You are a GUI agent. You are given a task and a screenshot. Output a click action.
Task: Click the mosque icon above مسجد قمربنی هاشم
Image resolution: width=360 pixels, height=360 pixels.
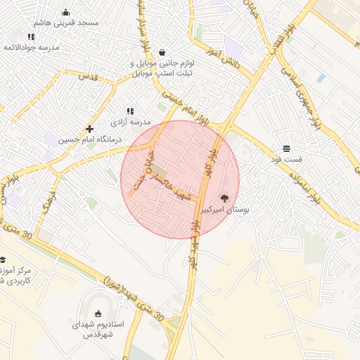[x=66, y=12]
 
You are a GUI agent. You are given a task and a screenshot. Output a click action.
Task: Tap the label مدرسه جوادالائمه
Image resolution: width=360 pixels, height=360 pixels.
[x=32, y=47]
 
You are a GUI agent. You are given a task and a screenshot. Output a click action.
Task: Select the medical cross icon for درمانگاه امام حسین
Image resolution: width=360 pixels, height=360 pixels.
[x=89, y=129]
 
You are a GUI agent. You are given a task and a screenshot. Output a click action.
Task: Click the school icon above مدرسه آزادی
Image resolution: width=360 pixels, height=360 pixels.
[x=130, y=111]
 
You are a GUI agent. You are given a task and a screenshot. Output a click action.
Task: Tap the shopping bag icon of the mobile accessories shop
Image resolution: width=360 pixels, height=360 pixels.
[x=162, y=52]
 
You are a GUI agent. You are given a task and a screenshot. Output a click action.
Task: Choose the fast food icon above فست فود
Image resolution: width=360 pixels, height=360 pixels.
[x=286, y=148]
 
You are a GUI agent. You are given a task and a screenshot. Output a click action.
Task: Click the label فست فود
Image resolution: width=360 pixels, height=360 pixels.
[x=286, y=160]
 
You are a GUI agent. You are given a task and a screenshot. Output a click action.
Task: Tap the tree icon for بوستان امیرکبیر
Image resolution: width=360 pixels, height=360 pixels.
[x=225, y=198]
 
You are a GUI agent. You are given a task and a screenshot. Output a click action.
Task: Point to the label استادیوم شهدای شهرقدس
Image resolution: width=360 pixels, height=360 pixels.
[x=98, y=329]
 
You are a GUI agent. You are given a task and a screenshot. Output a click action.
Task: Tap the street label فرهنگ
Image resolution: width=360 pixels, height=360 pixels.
[x=47, y=202]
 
